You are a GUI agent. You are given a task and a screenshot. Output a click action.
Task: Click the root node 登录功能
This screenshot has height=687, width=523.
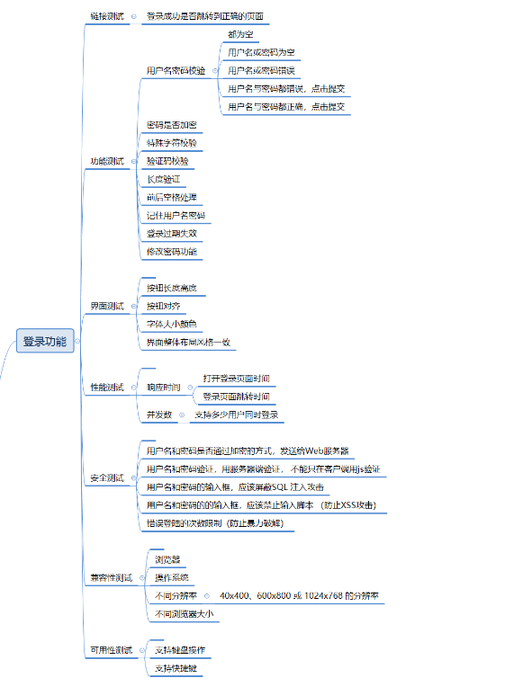point(45,342)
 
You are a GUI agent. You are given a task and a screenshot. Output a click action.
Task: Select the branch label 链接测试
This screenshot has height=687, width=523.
point(107,16)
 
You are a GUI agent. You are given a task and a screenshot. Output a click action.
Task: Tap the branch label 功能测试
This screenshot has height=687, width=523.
point(107,161)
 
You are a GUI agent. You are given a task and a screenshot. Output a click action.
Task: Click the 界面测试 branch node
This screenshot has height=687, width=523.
point(107,306)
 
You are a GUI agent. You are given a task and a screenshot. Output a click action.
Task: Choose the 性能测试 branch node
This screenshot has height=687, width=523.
point(107,387)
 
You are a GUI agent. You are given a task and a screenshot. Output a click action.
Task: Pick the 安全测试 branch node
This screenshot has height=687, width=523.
point(107,477)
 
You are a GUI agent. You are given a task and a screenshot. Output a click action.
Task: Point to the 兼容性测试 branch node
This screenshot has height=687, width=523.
point(111,577)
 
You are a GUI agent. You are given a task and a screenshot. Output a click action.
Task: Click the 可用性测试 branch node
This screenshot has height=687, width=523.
point(111,649)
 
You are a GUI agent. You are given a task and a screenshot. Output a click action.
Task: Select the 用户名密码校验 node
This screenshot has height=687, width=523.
point(176,70)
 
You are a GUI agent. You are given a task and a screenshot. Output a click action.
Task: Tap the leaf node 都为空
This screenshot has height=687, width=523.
point(240,33)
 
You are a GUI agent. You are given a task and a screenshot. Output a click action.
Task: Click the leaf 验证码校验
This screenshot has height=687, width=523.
point(167,160)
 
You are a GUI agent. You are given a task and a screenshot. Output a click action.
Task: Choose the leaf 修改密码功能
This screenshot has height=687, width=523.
point(171,251)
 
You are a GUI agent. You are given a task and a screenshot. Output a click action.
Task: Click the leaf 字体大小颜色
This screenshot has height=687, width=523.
point(171,324)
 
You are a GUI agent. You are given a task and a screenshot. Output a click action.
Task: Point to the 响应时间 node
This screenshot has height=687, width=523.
point(163,387)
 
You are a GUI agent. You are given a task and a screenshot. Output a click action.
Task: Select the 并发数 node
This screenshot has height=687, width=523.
point(158,415)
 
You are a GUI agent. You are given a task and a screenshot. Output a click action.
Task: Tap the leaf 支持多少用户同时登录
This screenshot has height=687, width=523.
point(236,415)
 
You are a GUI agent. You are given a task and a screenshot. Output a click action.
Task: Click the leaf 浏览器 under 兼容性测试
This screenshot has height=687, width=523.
point(167,559)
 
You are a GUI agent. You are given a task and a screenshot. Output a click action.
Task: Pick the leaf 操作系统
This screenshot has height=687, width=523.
point(171,577)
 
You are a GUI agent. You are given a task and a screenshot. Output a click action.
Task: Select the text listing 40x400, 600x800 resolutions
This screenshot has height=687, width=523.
point(299,595)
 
